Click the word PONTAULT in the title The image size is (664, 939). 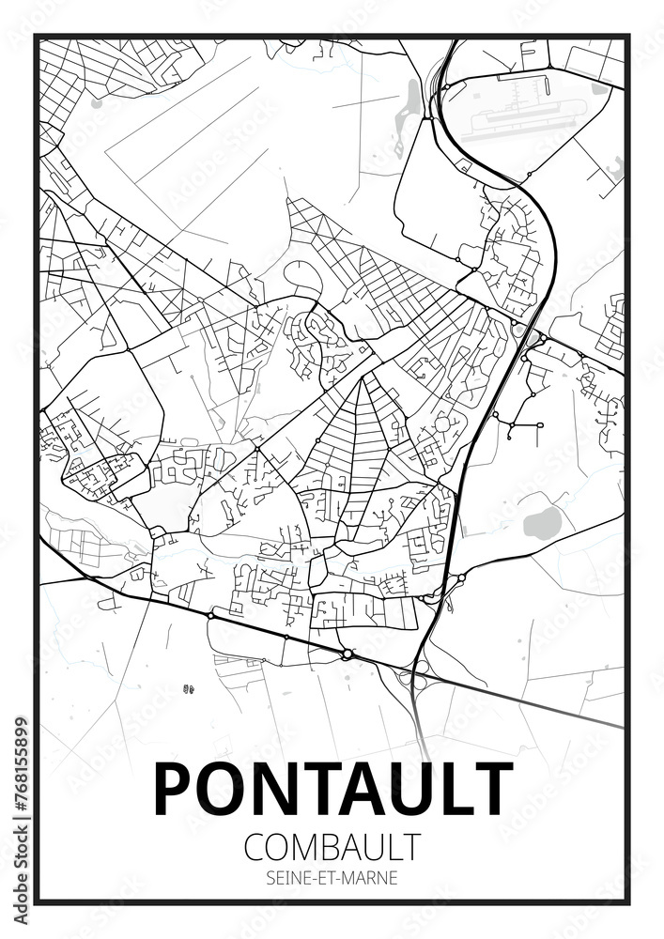click(x=332, y=790)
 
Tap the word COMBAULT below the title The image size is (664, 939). click(x=332, y=846)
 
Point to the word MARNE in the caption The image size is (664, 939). click(x=373, y=879)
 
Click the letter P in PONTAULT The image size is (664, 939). click(x=172, y=790)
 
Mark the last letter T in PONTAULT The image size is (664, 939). click(x=491, y=790)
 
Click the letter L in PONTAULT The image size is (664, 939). click(x=450, y=790)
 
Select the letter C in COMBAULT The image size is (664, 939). click(x=255, y=846)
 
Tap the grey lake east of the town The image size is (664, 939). click(x=540, y=524)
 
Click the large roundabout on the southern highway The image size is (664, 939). click(x=347, y=654)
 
